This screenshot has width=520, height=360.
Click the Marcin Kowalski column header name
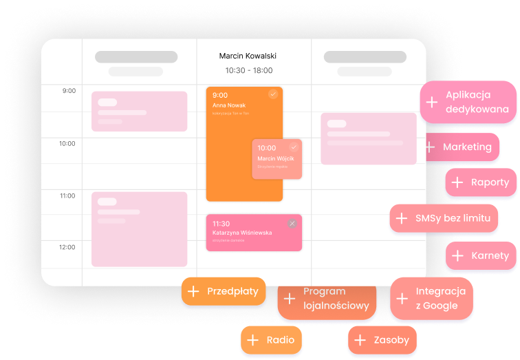point(248,56)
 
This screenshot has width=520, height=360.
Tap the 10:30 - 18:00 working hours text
point(248,70)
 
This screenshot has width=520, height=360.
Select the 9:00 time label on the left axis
point(68,91)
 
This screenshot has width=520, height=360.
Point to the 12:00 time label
point(67,247)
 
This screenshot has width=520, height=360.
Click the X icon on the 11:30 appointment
point(292,223)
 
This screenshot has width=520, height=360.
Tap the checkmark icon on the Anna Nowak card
point(273,94)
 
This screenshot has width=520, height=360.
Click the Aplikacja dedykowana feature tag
point(468,102)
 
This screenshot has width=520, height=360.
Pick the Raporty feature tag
point(481,182)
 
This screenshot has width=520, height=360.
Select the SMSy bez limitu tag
point(444,218)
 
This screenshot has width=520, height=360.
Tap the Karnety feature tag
point(481,255)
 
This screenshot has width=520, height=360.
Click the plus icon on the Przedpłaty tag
point(193,292)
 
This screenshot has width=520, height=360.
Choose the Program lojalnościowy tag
point(327,299)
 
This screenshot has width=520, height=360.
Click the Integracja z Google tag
point(432,298)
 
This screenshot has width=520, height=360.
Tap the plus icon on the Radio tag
point(252,340)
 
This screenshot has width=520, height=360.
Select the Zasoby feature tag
point(382,340)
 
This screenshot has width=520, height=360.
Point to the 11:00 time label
point(67,195)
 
